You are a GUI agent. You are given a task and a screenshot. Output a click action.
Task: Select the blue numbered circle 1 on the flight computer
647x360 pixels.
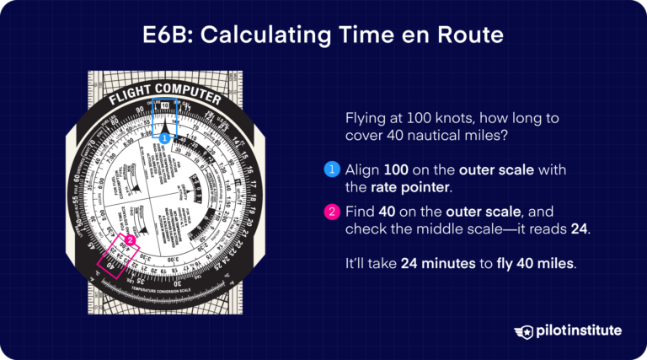tap(165, 137)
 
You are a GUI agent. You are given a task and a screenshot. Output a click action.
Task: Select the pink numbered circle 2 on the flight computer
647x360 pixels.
tap(130, 240)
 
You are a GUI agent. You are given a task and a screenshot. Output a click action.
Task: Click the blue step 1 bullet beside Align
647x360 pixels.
tap(331, 170)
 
